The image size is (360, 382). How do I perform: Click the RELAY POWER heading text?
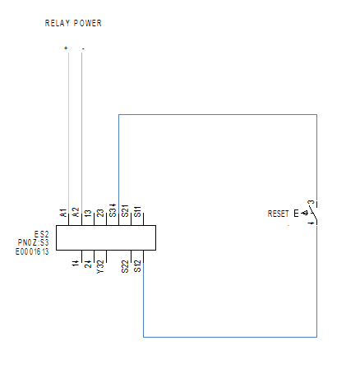(x=73, y=23)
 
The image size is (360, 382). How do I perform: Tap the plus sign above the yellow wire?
(x=66, y=48)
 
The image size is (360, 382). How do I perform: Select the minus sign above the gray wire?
(x=83, y=49)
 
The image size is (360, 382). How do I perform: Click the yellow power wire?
(x=68, y=139)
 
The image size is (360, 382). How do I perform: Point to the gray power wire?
(x=81, y=139)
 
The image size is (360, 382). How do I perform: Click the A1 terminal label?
(x=63, y=213)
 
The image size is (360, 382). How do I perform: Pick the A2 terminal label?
(x=76, y=213)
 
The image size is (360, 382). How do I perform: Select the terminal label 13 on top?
(x=88, y=214)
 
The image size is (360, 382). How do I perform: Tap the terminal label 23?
(x=100, y=213)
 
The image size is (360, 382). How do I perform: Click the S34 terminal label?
(x=113, y=210)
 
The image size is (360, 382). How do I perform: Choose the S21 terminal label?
(x=125, y=211)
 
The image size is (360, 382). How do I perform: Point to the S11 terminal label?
(x=137, y=212)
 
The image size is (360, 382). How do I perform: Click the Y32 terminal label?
(x=100, y=267)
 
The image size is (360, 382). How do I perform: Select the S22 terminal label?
(x=125, y=266)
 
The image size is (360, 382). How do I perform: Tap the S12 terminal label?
(x=137, y=266)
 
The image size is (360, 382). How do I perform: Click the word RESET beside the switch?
(x=278, y=214)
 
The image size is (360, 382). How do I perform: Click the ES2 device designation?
(x=41, y=234)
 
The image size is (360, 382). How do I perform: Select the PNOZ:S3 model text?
(x=34, y=242)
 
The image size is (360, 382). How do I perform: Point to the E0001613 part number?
(x=32, y=251)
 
